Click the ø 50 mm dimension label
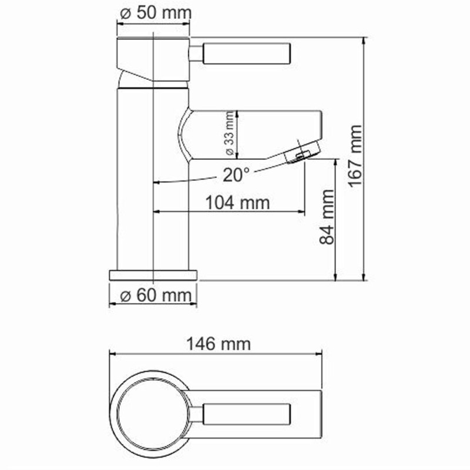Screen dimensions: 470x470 coord(154,14)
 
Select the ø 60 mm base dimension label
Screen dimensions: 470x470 coord(153,296)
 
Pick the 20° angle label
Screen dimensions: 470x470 coord(236,174)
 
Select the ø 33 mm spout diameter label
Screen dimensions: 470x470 coord(229,135)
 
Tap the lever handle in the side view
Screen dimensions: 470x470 coord(247,55)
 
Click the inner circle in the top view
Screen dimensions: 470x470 coord(152,411)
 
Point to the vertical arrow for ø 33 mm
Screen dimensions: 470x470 coord(236,135)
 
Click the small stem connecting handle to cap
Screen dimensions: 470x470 coord(196,55)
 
